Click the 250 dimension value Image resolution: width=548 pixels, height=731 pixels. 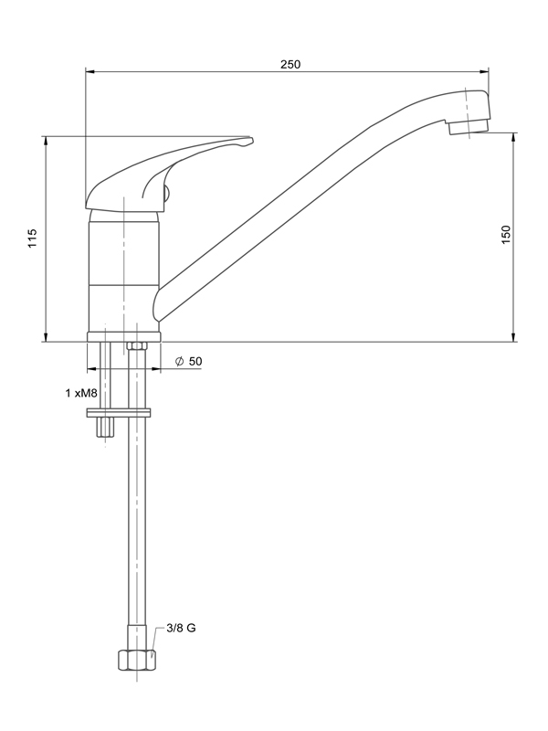click(x=290, y=64)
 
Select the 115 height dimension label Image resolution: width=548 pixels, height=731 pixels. click(x=32, y=238)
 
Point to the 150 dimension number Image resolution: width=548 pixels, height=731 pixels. click(x=506, y=235)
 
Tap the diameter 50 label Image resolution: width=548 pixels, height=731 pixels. click(x=189, y=361)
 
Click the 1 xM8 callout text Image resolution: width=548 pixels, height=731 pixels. click(x=81, y=394)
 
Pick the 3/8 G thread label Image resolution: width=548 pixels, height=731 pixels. click(x=181, y=628)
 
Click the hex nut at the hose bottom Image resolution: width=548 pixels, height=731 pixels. click(x=136, y=660)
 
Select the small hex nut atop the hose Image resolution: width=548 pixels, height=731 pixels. click(x=137, y=346)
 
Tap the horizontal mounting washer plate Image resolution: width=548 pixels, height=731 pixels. click(x=119, y=413)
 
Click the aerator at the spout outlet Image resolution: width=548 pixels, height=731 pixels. click(x=469, y=127)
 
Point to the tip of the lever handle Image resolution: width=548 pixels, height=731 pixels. click(x=252, y=140)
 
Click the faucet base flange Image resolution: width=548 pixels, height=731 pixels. click(x=123, y=337)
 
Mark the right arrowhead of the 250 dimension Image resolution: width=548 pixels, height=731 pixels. click(x=485, y=72)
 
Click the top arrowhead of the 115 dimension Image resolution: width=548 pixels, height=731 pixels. click(x=46, y=141)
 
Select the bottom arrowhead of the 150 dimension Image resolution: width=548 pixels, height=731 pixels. click(x=514, y=337)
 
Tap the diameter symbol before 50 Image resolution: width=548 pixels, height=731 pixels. click(x=179, y=361)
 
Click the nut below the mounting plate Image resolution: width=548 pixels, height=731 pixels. click(x=105, y=428)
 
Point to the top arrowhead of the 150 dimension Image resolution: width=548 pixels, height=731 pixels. click(x=514, y=138)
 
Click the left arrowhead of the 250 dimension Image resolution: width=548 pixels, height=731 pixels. click(x=90, y=72)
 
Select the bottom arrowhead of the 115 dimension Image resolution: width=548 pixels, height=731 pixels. click(x=46, y=337)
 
